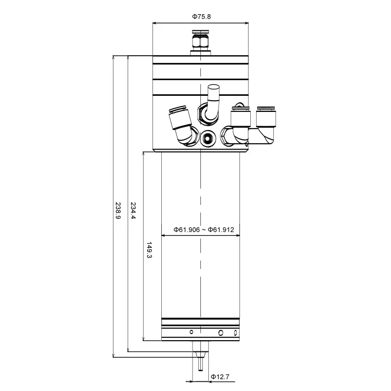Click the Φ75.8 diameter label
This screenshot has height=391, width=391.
[x=201, y=17]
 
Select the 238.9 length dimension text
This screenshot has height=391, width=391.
[x=118, y=211]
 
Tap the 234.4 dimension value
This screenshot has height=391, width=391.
[x=133, y=211]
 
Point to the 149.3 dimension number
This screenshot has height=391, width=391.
[x=149, y=250]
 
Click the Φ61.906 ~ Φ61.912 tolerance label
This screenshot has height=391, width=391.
[x=204, y=230]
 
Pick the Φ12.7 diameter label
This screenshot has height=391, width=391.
[x=220, y=377]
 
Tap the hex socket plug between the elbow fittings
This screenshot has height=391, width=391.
[x=207, y=138]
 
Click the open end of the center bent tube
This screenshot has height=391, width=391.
[x=214, y=87]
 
